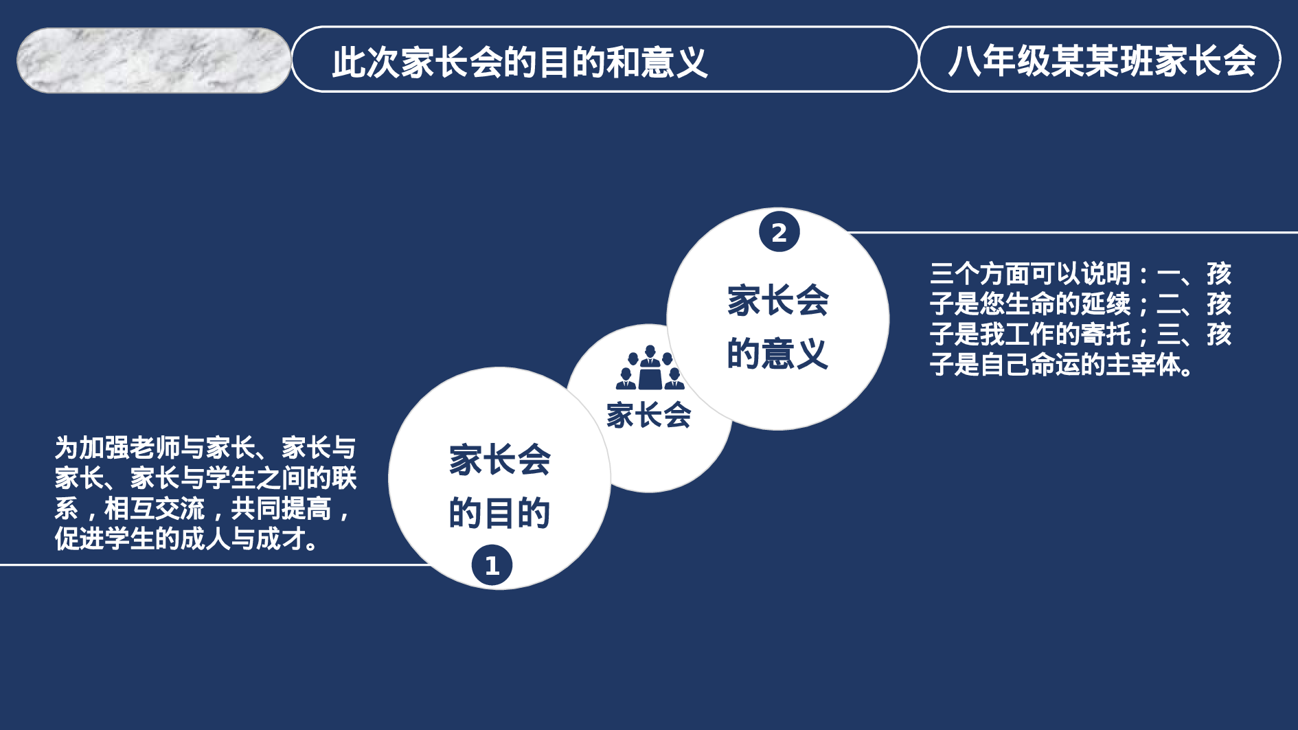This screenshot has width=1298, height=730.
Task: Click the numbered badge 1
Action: coord(492,565)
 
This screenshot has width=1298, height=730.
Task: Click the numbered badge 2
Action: coord(779,232)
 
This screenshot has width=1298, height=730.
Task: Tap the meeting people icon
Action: coord(650,369)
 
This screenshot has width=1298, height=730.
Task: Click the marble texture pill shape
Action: coord(154,60)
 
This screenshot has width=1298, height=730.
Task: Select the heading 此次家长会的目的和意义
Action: coord(519,62)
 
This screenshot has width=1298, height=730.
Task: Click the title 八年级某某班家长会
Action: coord(1102,60)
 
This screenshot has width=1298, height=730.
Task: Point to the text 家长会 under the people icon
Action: coord(648,415)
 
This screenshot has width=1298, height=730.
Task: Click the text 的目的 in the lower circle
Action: coord(499,512)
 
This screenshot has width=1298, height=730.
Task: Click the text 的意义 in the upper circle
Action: coord(777,354)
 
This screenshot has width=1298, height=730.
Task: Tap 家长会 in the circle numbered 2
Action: coord(777,301)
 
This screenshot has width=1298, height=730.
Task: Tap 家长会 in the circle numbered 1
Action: coord(499,459)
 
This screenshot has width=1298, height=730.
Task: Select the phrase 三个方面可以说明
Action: coord(1030,273)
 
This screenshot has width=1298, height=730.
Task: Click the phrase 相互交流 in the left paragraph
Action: coord(154,509)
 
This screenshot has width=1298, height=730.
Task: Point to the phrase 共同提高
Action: coord(282,509)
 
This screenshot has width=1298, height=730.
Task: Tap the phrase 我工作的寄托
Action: coord(1055,334)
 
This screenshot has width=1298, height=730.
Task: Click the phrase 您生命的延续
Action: coord(1055,304)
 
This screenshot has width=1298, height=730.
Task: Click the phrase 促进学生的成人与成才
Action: coord(180,539)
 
